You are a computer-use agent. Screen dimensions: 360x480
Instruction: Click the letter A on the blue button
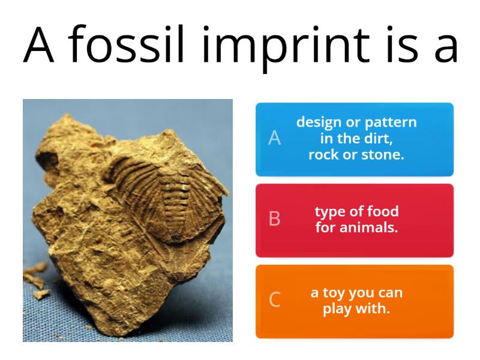(x=274, y=139)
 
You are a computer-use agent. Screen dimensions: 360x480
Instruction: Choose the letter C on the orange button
(x=274, y=299)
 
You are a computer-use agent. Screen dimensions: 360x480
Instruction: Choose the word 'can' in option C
(x=390, y=293)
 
